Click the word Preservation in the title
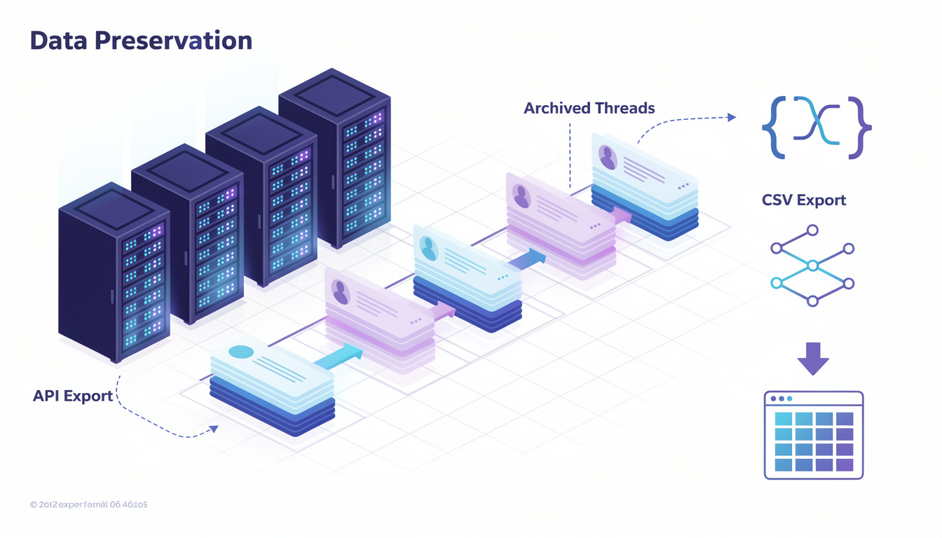pos(173,41)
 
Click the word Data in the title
pos(59,41)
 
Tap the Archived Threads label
pos(589,109)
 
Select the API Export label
pos(73,396)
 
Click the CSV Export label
pos(804,200)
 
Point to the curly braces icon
pos(817,127)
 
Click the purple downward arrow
pos(813,358)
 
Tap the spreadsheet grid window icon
pos(813,435)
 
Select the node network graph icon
pos(812,265)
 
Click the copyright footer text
pos(88,504)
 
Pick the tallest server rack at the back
pos(334,158)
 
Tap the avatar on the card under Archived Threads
pos(607,157)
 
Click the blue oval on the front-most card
pos(241,352)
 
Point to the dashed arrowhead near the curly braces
pos(732,118)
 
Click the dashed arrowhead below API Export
pos(214,429)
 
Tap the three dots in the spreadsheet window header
pos(781,399)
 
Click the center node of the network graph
pos(812,265)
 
